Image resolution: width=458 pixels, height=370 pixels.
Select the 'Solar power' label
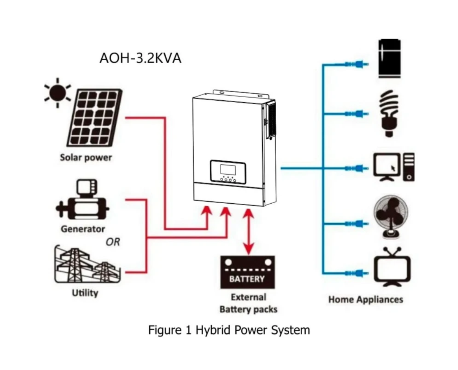pyautogui.click(x=86, y=158)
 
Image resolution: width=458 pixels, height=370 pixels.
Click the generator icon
pyautogui.click(x=82, y=202)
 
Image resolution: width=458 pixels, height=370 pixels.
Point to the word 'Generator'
pyautogui.click(x=83, y=229)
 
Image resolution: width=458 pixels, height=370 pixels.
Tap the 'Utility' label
pyautogui.click(x=85, y=293)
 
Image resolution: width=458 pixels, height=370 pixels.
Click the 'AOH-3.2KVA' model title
pyautogui.click(x=140, y=58)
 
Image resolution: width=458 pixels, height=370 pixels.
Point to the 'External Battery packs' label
pyautogui.click(x=248, y=303)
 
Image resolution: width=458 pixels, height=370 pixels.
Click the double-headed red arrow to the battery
pyautogui.click(x=248, y=231)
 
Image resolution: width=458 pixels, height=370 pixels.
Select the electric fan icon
pyautogui.click(x=391, y=218)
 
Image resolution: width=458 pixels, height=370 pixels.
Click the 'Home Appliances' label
pyautogui.click(x=365, y=299)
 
